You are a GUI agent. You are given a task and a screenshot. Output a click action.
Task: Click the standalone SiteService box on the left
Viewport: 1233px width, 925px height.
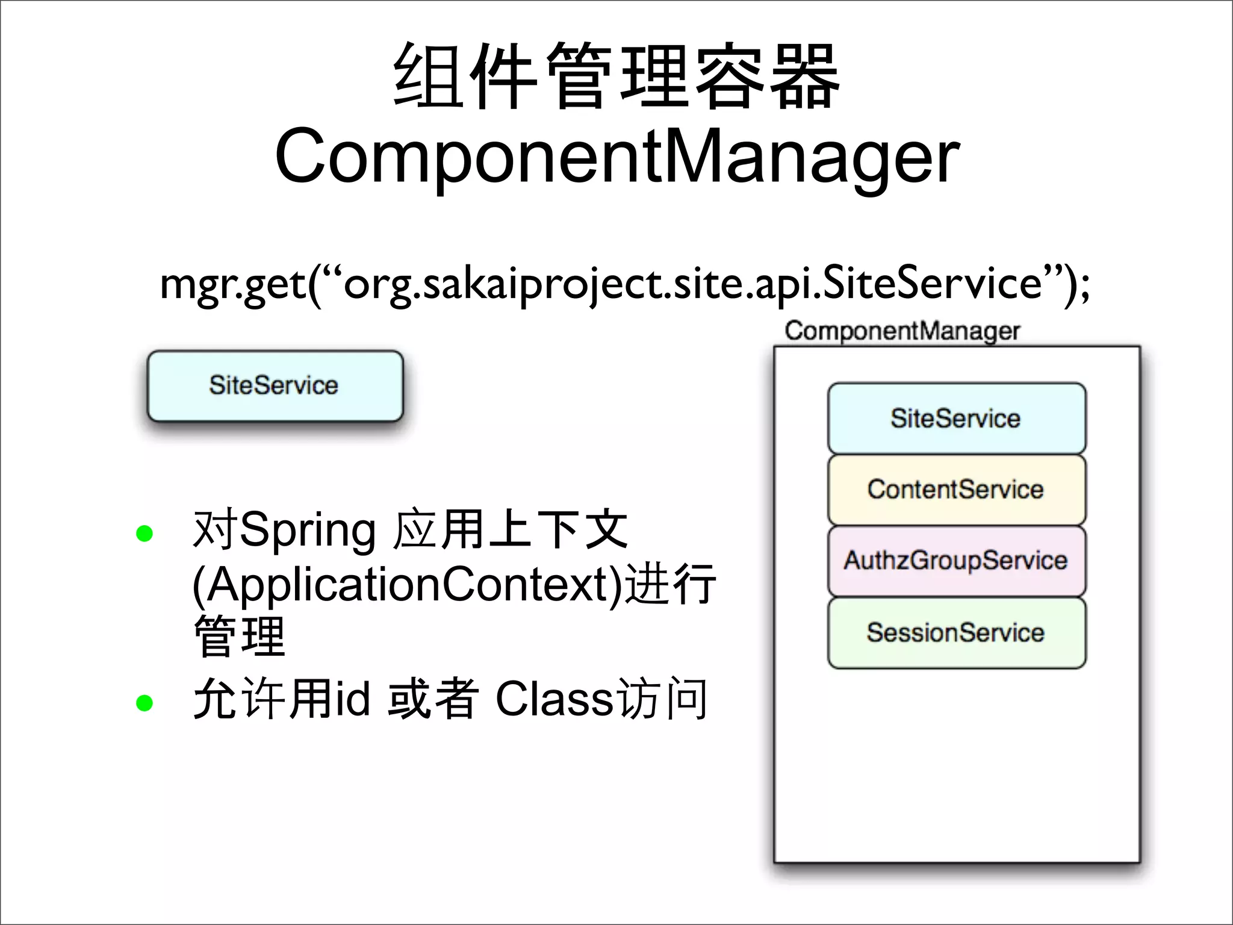[x=275, y=385]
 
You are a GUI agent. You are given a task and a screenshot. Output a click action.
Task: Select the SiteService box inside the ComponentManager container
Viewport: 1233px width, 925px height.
[x=956, y=418]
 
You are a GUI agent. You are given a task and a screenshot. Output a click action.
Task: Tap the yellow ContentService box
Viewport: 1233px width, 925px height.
[x=956, y=489]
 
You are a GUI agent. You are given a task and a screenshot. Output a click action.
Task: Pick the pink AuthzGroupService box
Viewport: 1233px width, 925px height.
[x=956, y=560]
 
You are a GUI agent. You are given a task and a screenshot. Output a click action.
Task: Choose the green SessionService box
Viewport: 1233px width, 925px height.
[x=956, y=632]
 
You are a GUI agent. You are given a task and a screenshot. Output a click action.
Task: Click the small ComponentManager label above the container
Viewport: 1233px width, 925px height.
[x=902, y=331]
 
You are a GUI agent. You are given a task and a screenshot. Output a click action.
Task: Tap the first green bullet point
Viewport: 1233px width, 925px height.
[x=144, y=533]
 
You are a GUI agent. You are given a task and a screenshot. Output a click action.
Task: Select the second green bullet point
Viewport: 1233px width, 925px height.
[x=144, y=702]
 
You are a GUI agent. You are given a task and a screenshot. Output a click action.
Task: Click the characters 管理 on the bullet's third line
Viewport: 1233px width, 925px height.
[x=239, y=637]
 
